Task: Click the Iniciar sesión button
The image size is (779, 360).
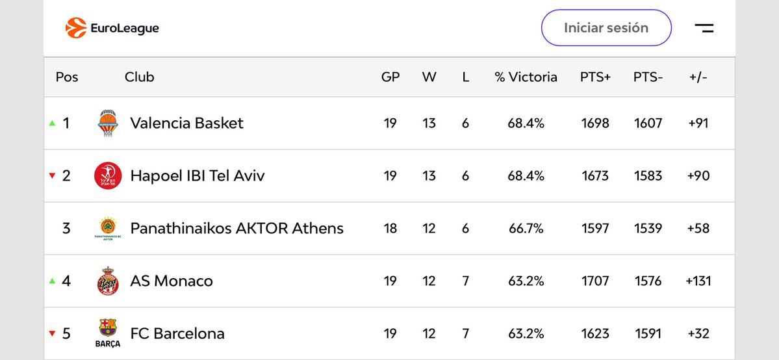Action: pyautogui.click(x=606, y=28)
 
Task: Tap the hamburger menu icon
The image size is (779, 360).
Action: pyautogui.click(x=704, y=28)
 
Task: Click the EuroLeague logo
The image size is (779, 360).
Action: pyautogui.click(x=112, y=28)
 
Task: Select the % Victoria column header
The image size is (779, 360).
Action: pyautogui.click(x=526, y=77)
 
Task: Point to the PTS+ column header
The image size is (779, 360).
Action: pyautogui.click(x=595, y=77)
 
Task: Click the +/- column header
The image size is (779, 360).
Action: pyautogui.click(x=698, y=77)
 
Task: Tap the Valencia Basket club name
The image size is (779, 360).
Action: pyautogui.click(x=186, y=123)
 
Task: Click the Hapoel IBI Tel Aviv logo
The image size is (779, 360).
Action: pyautogui.click(x=107, y=175)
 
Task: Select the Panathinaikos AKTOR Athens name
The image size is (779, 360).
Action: pyautogui.click(x=236, y=228)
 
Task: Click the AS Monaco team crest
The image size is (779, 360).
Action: pyautogui.click(x=107, y=281)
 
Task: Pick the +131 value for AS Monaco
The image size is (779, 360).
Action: pyautogui.click(x=698, y=281)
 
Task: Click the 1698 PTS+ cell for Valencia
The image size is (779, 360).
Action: pyautogui.click(x=595, y=123)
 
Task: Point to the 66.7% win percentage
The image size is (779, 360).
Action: pyautogui.click(x=526, y=228)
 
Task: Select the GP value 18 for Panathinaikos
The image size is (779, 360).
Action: pyautogui.click(x=390, y=228)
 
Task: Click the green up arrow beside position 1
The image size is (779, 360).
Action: pyautogui.click(x=52, y=123)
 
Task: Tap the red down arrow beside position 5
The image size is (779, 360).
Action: pyautogui.click(x=52, y=334)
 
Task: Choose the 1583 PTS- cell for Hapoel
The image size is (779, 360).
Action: pyautogui.click(x=648, y=175)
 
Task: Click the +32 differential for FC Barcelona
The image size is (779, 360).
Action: pyautogui.click(x=698, y=333)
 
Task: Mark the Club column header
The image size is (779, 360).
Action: pyautogui.click(x=139, y=77)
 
